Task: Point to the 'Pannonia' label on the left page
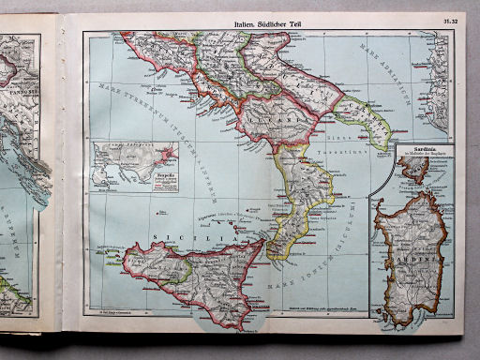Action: [19, 67]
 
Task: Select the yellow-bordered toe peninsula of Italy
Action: [300, 202]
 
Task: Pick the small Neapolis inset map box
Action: [134, 169]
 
